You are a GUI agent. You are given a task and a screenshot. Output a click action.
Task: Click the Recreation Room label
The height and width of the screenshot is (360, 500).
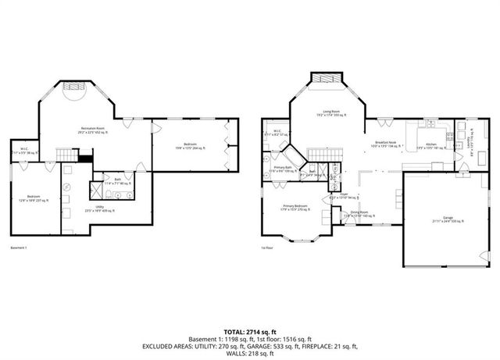click(94, 130)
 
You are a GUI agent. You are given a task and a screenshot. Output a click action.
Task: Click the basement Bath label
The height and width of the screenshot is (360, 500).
click(118, 180)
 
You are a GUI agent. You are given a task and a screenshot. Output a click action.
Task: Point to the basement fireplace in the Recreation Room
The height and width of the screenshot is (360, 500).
click(75, 86)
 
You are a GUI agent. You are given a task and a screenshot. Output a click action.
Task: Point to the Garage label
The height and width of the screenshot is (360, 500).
click(447, 220)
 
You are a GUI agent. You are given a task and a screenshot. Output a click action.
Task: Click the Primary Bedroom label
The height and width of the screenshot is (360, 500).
click(295, 206)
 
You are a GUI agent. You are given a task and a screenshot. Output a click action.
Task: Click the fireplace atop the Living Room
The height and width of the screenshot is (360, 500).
click(327, 80)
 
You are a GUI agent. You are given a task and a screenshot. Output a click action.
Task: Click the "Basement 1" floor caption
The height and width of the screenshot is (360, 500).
click(19, 248)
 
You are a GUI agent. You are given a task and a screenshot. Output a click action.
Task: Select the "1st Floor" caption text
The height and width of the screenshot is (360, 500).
click(267, 248)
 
